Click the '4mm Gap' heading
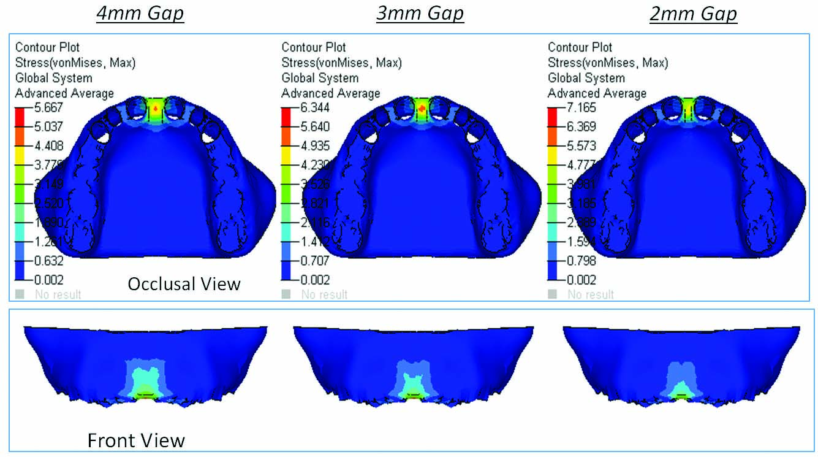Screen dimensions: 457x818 pos(140,13)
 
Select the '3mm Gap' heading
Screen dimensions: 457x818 pos(420,13)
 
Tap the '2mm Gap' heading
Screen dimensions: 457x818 pos(693,13)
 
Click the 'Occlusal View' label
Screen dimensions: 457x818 pos(184,283)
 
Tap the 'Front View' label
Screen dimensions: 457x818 pos(136,440)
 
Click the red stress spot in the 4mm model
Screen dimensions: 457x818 pos(156,108)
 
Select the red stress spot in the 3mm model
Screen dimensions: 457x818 pos(422,108)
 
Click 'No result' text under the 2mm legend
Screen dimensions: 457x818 pos(591,294)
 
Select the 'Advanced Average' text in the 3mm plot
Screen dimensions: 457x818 pos(331,93)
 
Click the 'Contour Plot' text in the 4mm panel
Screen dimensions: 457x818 pos(47,47)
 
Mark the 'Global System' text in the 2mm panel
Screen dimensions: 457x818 pos(586,78)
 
